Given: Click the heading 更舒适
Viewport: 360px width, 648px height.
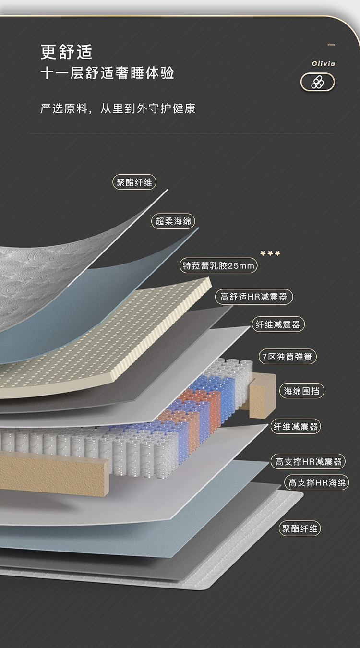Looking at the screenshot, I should point(66,51).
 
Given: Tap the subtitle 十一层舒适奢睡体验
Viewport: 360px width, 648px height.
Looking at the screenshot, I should point(107,73).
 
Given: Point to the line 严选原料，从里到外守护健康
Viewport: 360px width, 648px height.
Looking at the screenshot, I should point(118,108).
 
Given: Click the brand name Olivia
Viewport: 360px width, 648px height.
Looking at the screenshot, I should point(323,63).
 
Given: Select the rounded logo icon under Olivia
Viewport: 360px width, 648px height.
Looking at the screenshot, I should point(317,82).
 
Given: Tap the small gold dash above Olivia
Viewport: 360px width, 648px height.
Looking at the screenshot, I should point(331,45).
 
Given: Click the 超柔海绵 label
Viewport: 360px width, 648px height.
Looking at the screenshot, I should point(173,221).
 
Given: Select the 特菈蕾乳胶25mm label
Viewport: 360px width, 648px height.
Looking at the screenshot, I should point(218,265).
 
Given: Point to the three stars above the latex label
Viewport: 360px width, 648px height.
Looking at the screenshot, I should point(270,253).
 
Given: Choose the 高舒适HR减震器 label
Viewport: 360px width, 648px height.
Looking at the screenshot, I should point(254,297).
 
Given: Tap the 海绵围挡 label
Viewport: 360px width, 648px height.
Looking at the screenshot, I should point(301,391).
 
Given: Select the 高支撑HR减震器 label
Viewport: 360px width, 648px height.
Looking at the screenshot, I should point(308,462).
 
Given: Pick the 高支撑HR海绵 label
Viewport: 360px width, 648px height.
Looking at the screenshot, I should point(317,482).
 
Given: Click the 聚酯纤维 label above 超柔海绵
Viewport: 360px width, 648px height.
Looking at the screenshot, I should point(134,182).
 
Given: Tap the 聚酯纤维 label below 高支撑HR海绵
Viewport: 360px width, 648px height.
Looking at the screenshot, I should point(300,528).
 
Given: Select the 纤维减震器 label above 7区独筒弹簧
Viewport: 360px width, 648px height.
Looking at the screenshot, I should point(278,324).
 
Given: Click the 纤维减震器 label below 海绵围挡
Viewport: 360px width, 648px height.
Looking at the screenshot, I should point(296,426).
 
